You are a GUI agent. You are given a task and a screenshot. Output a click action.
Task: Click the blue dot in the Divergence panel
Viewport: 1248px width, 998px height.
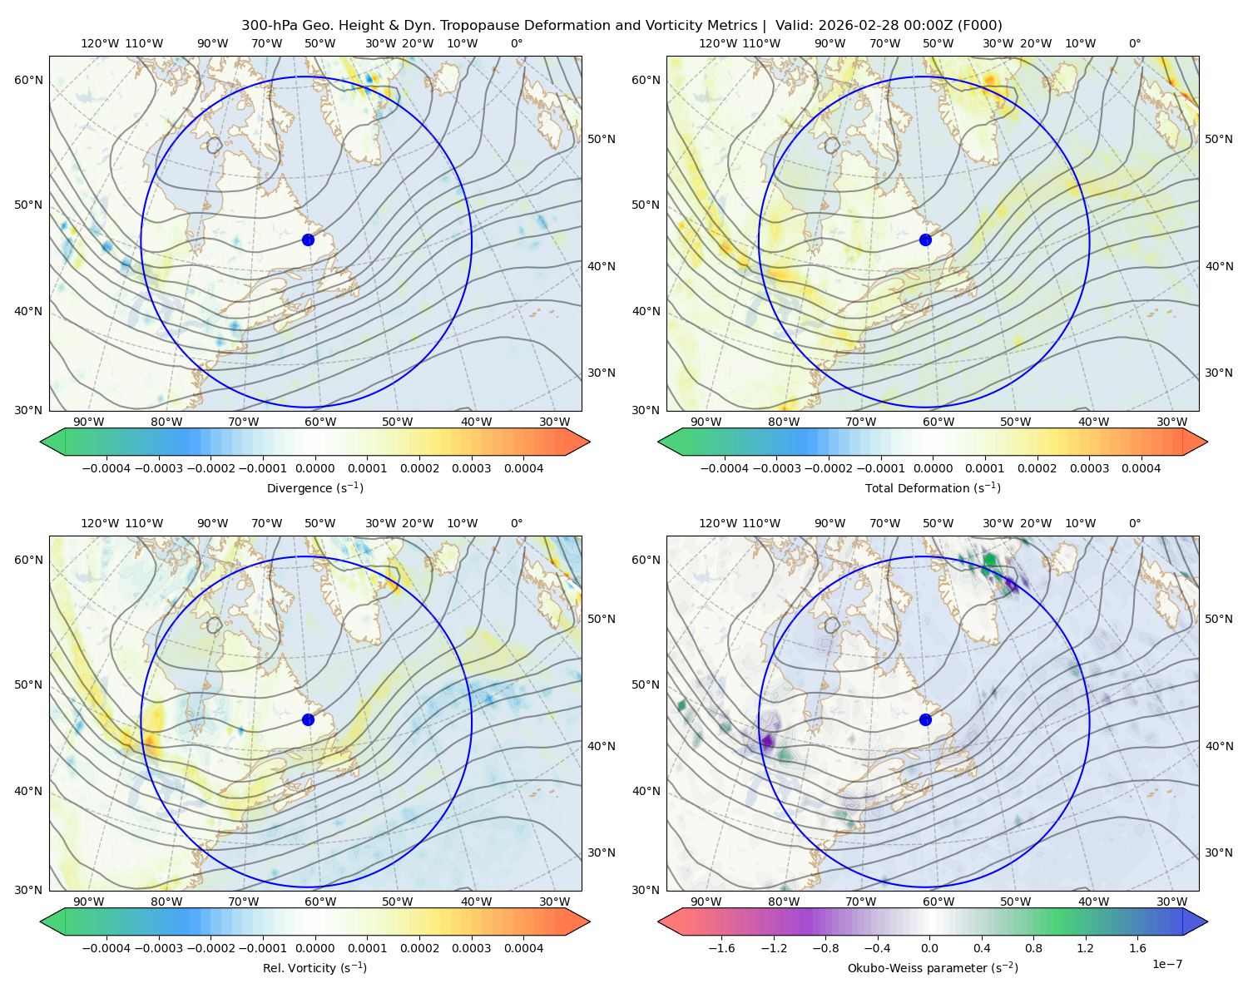(x=308, y=240)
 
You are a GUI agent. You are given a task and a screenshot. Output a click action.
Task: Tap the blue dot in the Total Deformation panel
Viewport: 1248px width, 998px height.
(x=925, y=240)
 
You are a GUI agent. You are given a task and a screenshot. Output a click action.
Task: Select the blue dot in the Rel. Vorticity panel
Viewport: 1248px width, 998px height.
(x=308, y=719)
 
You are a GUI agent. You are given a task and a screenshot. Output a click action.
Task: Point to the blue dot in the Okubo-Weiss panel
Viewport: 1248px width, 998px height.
(x=925, y=719)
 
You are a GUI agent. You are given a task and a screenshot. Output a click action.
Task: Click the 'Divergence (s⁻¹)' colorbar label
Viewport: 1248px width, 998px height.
(x=314, y=487)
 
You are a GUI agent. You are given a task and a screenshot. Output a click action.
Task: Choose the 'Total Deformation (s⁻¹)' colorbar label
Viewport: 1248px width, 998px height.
(x=933, y=487)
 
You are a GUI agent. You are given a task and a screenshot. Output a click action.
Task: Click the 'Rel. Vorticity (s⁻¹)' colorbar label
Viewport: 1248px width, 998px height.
(x=314, y=967)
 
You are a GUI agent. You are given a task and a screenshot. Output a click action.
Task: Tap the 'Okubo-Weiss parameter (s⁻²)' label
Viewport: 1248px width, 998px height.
(x=933, y=967)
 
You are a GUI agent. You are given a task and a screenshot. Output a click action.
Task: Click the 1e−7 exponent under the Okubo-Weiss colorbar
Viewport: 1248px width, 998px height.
(x=1166, y=964)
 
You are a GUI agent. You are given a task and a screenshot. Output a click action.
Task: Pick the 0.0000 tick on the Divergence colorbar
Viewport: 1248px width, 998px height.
(x=314, y=468)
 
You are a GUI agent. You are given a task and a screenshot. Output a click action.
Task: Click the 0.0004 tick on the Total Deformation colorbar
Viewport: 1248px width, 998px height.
(x=1141, y=468)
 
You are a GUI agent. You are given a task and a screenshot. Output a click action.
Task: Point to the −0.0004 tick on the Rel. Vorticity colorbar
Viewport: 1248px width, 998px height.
(x=106, y=947)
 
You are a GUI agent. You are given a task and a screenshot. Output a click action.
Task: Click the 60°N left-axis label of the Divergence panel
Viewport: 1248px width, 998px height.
(x=28, y=80)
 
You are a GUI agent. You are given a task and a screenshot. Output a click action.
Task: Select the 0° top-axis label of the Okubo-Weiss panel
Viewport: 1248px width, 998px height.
(x=1134, y=522)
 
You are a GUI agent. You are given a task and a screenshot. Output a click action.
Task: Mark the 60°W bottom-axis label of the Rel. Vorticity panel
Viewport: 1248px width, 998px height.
(x=320, y=902)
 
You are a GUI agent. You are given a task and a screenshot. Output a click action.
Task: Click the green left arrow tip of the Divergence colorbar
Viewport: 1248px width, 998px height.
(x=41, y=442)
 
